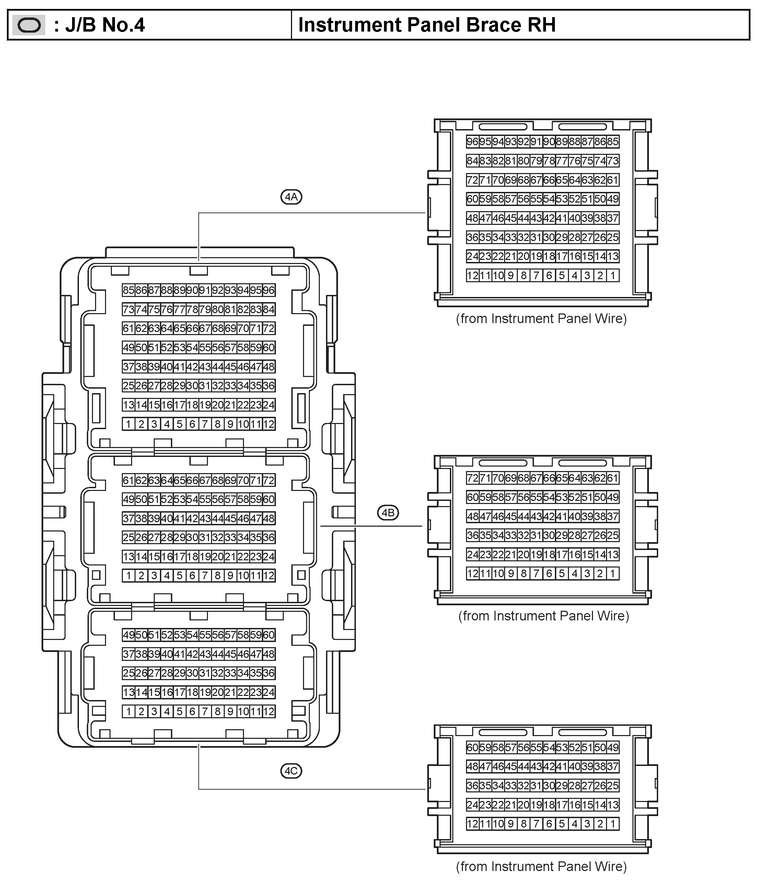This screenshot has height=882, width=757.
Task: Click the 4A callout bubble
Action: (x=291, y=197)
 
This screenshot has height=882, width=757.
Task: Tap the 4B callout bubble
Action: (x=388, y=513)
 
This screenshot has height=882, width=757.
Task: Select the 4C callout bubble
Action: (x=291, y=771)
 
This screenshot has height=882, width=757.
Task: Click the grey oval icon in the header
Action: (x=29, y=25)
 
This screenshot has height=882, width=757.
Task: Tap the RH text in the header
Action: (x=542, y=25)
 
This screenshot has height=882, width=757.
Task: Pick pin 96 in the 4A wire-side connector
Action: (x=472, y=142)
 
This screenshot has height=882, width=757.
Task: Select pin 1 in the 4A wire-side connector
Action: (x=613, y=275)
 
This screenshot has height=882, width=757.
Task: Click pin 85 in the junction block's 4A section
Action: (x=128, y=290)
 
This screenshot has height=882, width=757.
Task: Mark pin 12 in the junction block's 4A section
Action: (x=268, y=424)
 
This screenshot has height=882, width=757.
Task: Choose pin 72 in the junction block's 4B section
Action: (x=268, y=481)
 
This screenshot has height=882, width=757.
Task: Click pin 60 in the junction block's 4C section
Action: (x=268, y=635)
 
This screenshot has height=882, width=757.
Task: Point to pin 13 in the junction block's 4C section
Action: (x=128, y=692)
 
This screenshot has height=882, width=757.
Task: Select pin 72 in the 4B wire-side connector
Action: (x=472, y=478)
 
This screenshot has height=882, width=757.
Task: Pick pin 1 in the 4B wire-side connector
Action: (x=613, y=573)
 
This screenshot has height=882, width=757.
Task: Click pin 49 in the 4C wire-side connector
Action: (x=613, y=747)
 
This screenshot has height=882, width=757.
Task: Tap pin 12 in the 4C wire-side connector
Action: (x=472, y=824)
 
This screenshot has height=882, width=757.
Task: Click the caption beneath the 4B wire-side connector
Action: (x=544, y=616)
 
